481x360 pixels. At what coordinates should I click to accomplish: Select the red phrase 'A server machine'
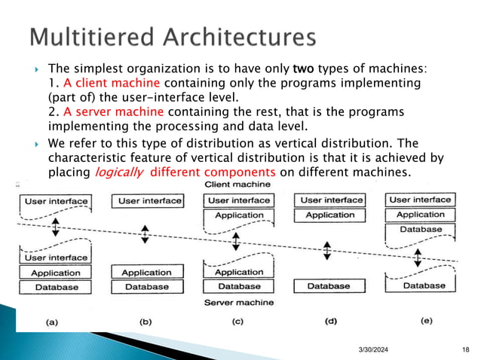[101, 111]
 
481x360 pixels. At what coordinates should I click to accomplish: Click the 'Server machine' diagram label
[239, 301]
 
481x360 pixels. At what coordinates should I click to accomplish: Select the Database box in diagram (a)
[56, 287]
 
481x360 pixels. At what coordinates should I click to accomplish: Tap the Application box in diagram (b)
[146, 272]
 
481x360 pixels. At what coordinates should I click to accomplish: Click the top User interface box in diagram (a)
[56, 201]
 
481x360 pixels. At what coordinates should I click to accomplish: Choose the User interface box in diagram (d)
[332, 200]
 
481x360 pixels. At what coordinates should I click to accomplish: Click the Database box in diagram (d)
[329, 286]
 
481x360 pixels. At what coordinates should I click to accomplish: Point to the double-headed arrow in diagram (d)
[328, 249]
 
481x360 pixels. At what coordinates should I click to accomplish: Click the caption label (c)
[238, 321]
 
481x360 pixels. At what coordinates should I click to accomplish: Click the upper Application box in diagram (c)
[239, 215]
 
